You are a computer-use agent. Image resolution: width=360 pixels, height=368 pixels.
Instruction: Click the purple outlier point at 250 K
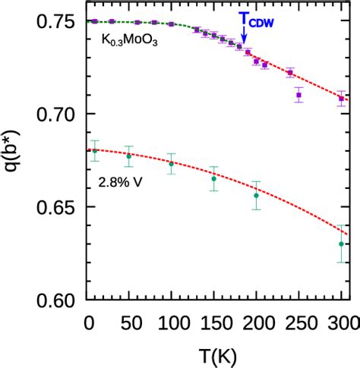coord(298,96)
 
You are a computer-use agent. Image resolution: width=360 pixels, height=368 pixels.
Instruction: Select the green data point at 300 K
coord(341,244)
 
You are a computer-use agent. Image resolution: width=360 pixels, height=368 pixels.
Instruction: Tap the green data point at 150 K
coord(213,179)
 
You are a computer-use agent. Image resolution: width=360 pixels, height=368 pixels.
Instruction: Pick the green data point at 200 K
coord(256,196)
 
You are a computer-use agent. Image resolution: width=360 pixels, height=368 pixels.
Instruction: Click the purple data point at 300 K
coord(341,99)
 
